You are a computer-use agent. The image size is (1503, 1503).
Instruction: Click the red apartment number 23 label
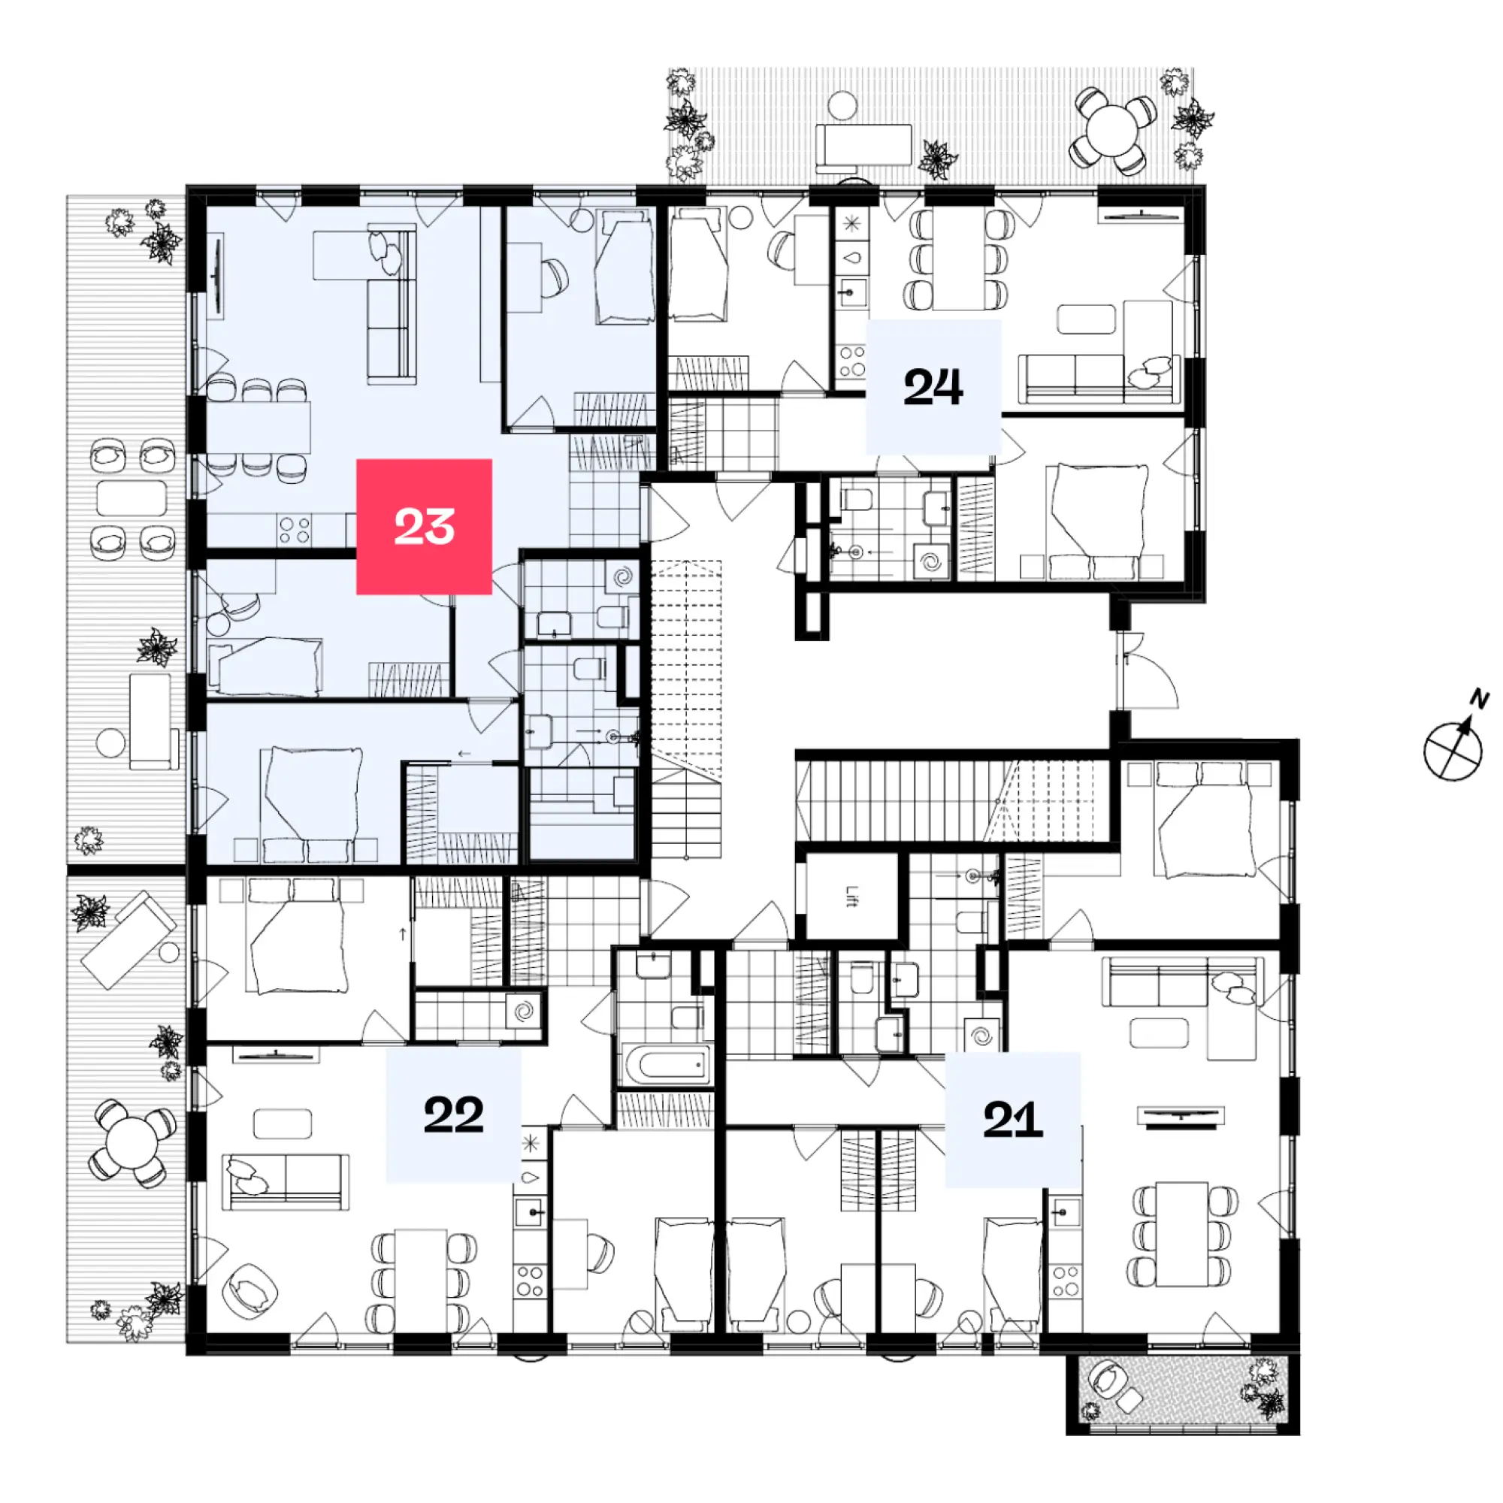coord(424,527)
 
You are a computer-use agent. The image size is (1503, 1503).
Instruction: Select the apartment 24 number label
coord(933,386)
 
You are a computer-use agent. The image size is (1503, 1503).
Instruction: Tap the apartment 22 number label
coord(454,1114)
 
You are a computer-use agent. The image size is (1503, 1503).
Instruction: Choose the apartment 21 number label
coord(1012,1120)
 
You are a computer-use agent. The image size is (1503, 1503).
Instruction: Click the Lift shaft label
coord(852,897)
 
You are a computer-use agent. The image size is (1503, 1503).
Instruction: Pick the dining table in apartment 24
coord(958,259)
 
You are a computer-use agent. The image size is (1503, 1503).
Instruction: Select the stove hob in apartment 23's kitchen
coord(295,531)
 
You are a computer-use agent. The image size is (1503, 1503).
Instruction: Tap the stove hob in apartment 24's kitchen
coord(852,361)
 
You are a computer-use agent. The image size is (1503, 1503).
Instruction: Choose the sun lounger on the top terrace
coord(863,146)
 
